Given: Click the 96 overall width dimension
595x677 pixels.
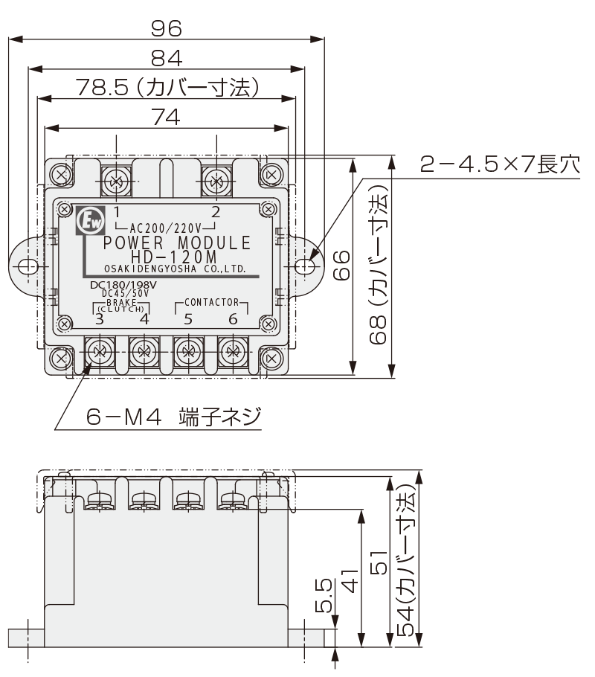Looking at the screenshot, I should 167,28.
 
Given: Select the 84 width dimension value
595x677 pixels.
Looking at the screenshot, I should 167,58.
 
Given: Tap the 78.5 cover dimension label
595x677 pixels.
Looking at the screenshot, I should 167,88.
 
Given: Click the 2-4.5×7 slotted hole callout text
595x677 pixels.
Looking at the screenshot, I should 499,164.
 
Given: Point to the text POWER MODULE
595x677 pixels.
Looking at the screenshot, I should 176,243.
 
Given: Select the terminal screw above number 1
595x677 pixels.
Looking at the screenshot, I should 115,180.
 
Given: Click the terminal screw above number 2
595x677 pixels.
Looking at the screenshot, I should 216,180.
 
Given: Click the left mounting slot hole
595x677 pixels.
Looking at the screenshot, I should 28,267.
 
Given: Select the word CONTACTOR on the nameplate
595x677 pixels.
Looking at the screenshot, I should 211,303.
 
